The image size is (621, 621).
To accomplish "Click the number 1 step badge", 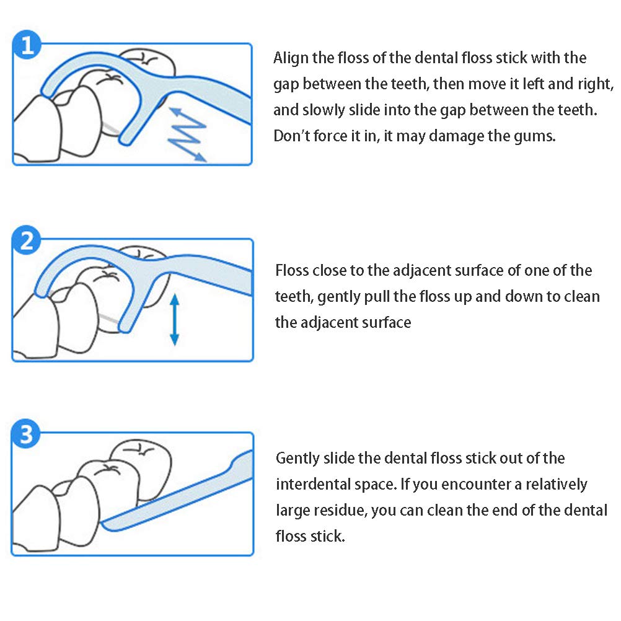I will pos(27,45).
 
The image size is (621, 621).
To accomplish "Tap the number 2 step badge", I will pos(27,241).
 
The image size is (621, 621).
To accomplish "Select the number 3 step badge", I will pos(27,434).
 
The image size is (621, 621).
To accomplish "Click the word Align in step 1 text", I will pos(290,58).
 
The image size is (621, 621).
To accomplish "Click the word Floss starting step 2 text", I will pos(293,271).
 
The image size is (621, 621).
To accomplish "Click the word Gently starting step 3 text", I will pos(297,459).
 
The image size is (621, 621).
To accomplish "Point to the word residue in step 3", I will pos(336,510).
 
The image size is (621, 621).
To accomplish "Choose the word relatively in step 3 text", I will pos(557,484).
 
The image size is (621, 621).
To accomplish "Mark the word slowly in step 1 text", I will pos(325,110).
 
